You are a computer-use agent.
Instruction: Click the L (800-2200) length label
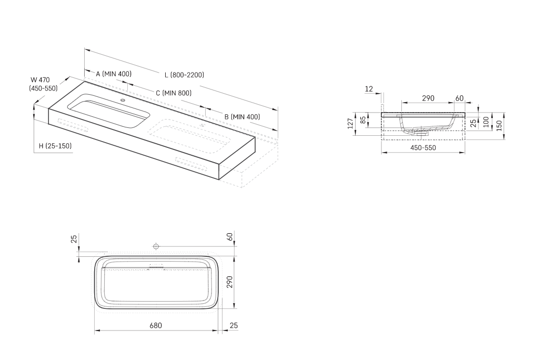[x=184, y=75]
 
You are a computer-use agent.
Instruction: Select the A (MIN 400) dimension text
[x=114, y=74]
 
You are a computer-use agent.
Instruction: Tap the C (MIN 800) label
[x=173, y=93]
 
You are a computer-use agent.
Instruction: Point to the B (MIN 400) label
[x=242, y=116]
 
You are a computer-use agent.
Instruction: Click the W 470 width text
[x=40, y=79]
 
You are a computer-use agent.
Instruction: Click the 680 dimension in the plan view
[x=155, y=325]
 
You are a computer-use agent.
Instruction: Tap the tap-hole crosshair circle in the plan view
[x=156, y=246]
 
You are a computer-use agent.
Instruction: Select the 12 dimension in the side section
[x=369, y=89]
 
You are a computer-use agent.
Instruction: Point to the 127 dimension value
[x=350, y=124]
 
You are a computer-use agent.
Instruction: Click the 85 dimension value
[x=362, y=121]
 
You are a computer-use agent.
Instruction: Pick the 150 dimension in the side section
[x=499, y=126]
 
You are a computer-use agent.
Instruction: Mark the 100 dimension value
[x=486, y=122]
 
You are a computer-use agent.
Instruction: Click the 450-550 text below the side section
[x=423, y=147]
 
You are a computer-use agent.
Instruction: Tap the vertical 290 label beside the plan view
[x=230, y=283]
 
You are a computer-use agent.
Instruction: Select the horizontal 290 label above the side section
[x=428, y=98]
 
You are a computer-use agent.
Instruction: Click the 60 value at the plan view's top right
[x=230, y=237]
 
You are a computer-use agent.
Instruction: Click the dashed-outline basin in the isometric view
[x=192, y=136]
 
